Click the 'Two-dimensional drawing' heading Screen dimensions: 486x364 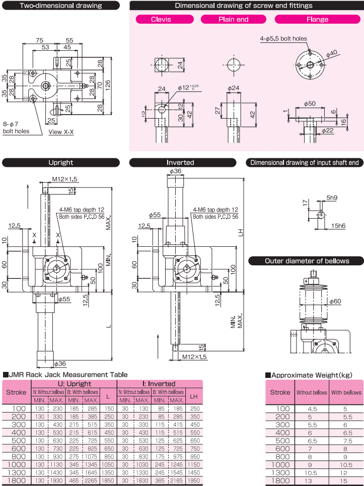tap(60, 6)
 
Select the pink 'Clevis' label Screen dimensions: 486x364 tap(161, 20)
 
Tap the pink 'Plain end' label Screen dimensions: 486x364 tap(233, 20)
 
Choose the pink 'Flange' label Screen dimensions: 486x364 tap(317, 20)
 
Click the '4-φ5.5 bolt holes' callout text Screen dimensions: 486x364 tap(283, 39)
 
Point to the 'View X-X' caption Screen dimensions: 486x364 tap(61, 132)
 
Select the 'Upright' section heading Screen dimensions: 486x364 tap(60, 162)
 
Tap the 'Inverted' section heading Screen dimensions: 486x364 tap(180, 162)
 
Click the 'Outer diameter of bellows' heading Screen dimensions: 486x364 tap(307, 261)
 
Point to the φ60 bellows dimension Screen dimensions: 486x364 tap(335, 301)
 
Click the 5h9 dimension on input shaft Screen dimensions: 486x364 tap(331, 198)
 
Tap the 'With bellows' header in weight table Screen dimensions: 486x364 tap(346, 393)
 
